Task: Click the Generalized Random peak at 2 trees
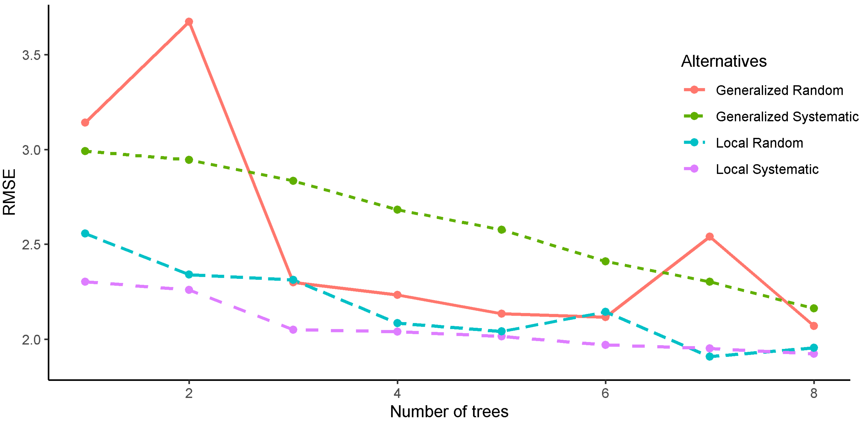tap(189, 22)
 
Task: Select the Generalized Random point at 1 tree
tap(85, 123)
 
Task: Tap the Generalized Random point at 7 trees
tap(710, 237)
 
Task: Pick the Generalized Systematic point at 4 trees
tap(397, 210)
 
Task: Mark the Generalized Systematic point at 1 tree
tap(85, 151)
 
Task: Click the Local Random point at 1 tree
tap(85, 233)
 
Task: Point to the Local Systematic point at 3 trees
tap(293, 330)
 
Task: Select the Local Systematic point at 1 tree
tap(85, 282)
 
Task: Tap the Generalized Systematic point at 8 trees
tap(814, 308)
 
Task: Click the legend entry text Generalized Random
tap(779, 90)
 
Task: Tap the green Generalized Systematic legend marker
tap(694, 116)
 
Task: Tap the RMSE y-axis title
tap(9, 192)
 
